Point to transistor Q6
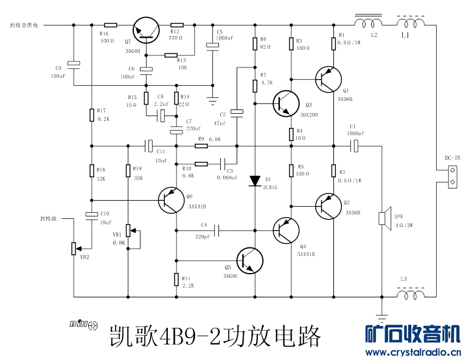(x=171, y=200)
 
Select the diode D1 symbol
(x=255, y=181)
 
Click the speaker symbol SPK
(x=383, y=218)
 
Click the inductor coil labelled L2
(x=367, y=24)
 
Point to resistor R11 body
(x=176, y=280)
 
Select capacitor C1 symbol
(x=355, y=146)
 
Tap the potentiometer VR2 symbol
(x=74, y=249)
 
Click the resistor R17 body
(x=91, y=115)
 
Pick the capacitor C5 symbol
(x=212, y=45)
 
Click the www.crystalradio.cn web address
(x=412, y=353)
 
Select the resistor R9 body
(x=201, y=146)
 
